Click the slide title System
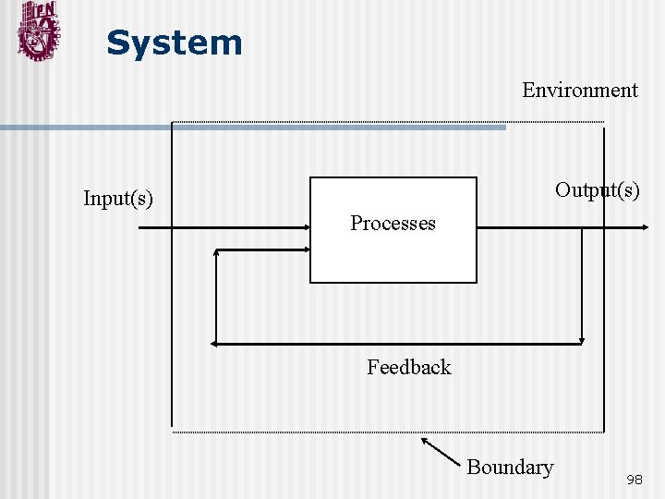[x=174, y=43]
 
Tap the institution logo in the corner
[x=38, y=31]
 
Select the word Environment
[x=579, y=91]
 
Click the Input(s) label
[x=118, y=198]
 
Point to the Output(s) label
[x=597, y=190]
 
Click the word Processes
[x=393, y=224]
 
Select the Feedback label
[x=408, y=368]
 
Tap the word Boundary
[x=510, y=468]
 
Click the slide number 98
[x=635, y=480]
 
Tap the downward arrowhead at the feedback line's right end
[x=582, y=337]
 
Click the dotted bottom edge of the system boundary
[x=388, y=432]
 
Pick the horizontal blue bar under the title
[x=249, y=128]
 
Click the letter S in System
[x=117, y=43]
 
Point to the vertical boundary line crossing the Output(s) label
[x=604, y=277]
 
